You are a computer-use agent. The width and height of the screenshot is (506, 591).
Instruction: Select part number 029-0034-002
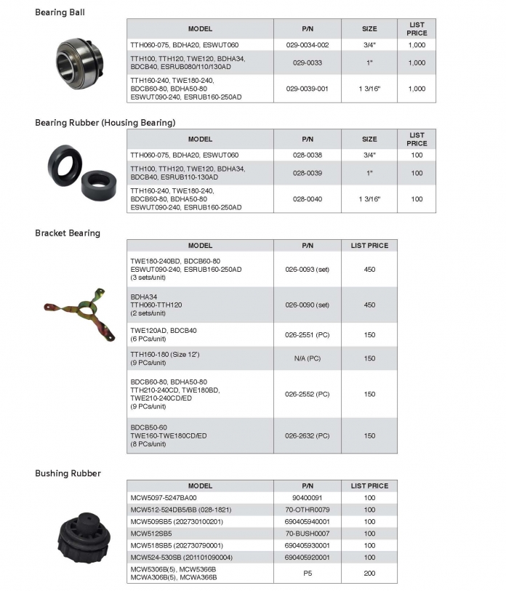tap(307, 45)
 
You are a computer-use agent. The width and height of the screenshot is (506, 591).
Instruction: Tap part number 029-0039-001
tap(307, 89)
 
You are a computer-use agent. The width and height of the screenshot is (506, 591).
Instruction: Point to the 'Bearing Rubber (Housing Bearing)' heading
tap(105, 123)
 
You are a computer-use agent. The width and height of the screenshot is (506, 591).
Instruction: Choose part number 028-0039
tap(307, 173)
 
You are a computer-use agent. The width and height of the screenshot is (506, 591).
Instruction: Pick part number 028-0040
tap(307, 198)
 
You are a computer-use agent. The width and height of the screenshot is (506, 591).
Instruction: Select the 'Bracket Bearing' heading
tap(68, 233)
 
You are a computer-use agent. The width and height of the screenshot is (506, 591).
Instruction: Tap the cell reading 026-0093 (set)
tap(307, 269)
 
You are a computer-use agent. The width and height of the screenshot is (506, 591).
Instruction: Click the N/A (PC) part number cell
tap(307, 358)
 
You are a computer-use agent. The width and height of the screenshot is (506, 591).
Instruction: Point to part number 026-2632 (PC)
tap(307, 436)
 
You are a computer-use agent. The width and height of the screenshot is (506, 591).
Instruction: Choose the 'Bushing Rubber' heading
tap(68, 473)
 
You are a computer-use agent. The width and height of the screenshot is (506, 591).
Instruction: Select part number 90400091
tap(307, 497)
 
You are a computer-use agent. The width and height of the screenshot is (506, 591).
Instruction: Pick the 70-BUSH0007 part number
tap(307, 533)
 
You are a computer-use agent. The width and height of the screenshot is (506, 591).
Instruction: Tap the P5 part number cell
tap(307, 573)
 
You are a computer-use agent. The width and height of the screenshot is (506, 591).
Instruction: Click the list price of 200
tap(369, 573)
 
